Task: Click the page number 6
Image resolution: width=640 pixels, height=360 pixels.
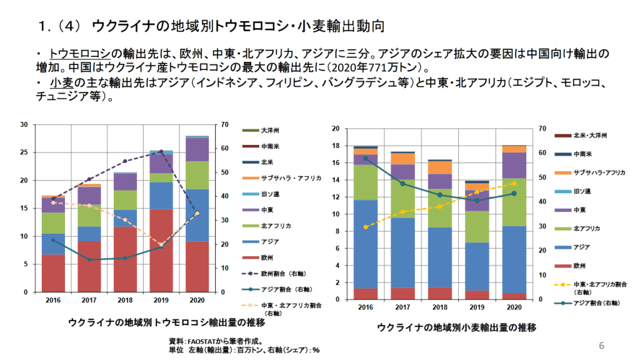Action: coord(601,346)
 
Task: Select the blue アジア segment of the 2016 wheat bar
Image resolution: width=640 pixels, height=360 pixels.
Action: coord(366,244)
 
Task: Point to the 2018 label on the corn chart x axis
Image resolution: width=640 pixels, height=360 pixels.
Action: coord(125,300)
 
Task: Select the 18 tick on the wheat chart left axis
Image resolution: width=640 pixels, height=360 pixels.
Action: coord(336,146)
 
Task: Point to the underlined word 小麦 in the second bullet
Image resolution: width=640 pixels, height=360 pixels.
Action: coord(60,83)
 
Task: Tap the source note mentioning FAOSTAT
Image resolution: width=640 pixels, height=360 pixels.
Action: coord(216,341)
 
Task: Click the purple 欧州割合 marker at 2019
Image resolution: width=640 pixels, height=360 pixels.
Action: coord(161,151)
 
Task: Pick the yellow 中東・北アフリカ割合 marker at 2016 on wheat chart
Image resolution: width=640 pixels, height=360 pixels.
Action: coord(366,227)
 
